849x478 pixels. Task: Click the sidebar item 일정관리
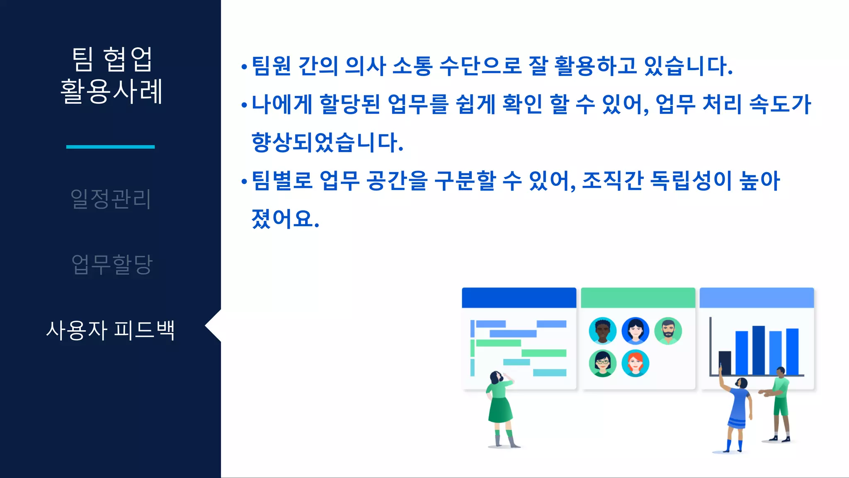[x=111, y=199]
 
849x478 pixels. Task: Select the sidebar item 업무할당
[x=112, y=264]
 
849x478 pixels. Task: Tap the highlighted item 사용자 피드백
[x=110, y=330]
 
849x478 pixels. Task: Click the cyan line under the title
[x=110, y=146]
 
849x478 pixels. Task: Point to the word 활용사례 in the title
[x=111, y=91]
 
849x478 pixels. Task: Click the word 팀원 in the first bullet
[x=271, y=66]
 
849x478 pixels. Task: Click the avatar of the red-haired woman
[x=635, y=363]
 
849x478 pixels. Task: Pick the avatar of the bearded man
[x=668, y=331]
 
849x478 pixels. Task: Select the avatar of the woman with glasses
[x=602, y=363]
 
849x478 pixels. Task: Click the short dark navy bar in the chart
[x=725, y=363]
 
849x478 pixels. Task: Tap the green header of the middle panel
[x=638, y=298]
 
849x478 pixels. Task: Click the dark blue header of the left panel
[x=519, y=298]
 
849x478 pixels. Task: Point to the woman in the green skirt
[x=500, y=407]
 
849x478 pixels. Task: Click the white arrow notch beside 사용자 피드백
[x=214, y=326]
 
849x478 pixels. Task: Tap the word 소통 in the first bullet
[x=412, y=66]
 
